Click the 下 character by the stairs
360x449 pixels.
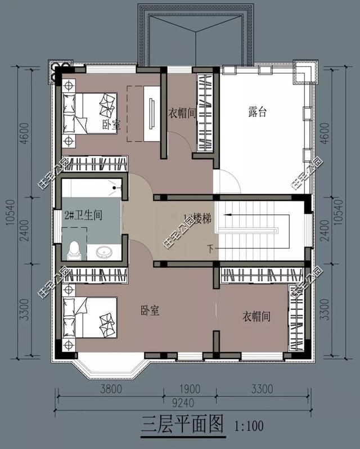click(210, 248)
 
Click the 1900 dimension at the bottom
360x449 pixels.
click(190, 388)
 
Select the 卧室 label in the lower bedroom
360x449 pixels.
click(150, 310)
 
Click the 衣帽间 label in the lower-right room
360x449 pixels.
click(256, 317)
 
